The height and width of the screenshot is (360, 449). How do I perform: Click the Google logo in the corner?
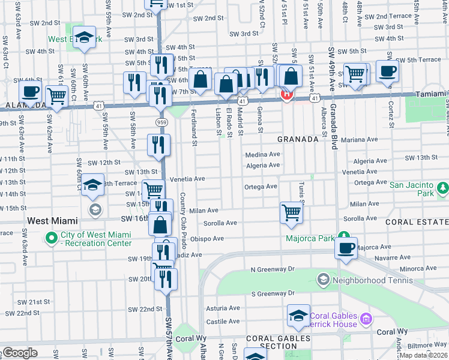click(x=20, y=353)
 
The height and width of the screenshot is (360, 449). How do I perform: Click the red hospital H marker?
click(x=287, y=94)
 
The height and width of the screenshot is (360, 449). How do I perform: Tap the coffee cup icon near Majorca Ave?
click(x=346, y=249)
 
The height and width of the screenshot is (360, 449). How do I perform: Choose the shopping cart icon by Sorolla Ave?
click(x=291, y=212)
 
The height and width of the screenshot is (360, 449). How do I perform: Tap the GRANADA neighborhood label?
click(x=298, y=139)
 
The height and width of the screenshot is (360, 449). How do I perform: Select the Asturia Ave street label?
click(x=223, y=308)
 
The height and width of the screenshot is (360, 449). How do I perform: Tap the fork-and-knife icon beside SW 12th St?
click(x=159, y=145)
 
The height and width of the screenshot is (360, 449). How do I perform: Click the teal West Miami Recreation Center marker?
click(x=51, y=238)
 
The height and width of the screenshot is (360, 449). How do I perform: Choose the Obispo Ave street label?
click(x=208, y=239)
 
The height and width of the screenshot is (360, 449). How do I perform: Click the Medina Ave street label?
click(x=262, y=154)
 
